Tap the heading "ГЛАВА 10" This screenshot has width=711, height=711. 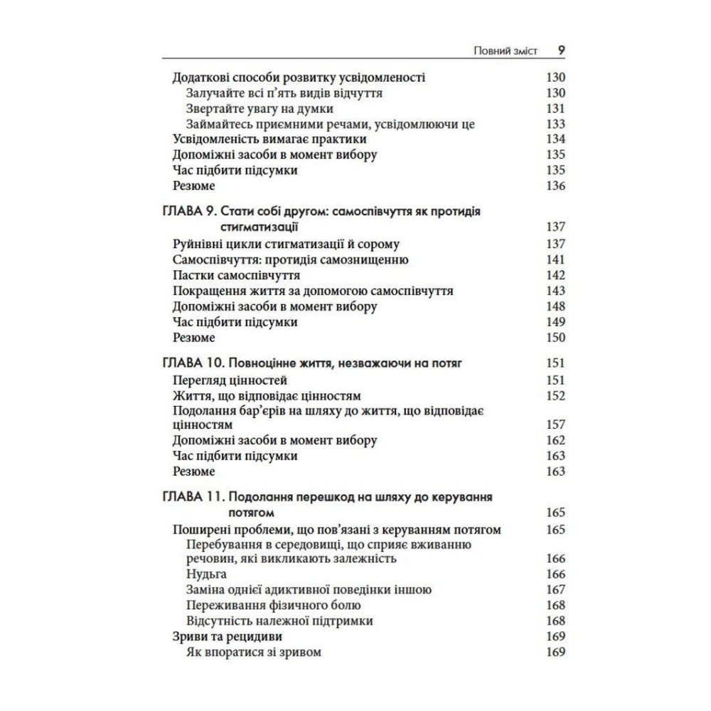[187, 363]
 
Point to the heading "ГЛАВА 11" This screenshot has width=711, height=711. [186, 496]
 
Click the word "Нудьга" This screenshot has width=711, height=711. [205, 574]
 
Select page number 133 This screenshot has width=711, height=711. [555, 124]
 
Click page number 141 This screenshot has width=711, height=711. [555, 260]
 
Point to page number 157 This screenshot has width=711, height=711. [555, 425]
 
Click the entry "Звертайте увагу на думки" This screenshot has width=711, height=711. [259, 109]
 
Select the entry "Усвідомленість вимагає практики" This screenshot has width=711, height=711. [269, 139]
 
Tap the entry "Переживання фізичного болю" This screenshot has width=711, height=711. [273, 605]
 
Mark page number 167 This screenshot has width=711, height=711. [555, 589]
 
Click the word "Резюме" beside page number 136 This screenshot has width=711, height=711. [194, 186]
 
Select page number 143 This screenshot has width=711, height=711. [555, 291]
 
